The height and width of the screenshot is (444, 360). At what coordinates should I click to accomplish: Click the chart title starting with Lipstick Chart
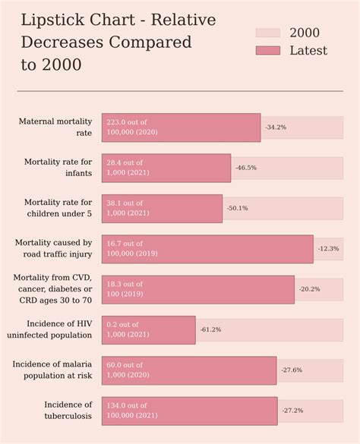pos(118,43)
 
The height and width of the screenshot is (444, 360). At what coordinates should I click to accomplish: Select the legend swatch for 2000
pos(267,33)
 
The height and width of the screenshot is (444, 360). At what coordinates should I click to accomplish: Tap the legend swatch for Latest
pos(267,51)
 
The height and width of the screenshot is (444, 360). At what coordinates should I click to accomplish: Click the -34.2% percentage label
pos(276,128)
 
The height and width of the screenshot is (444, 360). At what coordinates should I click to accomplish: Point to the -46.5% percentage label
pos(246,168)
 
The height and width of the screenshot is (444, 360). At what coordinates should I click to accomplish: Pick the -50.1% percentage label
pos(237,208)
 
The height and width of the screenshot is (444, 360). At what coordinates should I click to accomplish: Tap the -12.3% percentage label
pos(328,249)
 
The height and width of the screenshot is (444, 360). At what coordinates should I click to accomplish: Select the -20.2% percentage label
pos(309,289)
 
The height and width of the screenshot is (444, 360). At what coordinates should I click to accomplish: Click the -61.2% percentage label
pos(210,330)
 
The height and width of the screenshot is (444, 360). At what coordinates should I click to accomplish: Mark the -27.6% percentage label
pos(292,370)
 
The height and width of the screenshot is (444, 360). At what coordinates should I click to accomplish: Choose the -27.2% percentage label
pos(292,411)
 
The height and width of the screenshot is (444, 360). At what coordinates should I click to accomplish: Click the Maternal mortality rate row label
pos(55,127)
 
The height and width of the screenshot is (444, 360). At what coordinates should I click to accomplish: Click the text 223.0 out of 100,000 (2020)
pos(132,127)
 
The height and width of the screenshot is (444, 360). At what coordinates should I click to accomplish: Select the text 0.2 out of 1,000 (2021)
pos(128,329)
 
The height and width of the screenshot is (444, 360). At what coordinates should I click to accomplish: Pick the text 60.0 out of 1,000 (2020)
pos(128,370)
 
